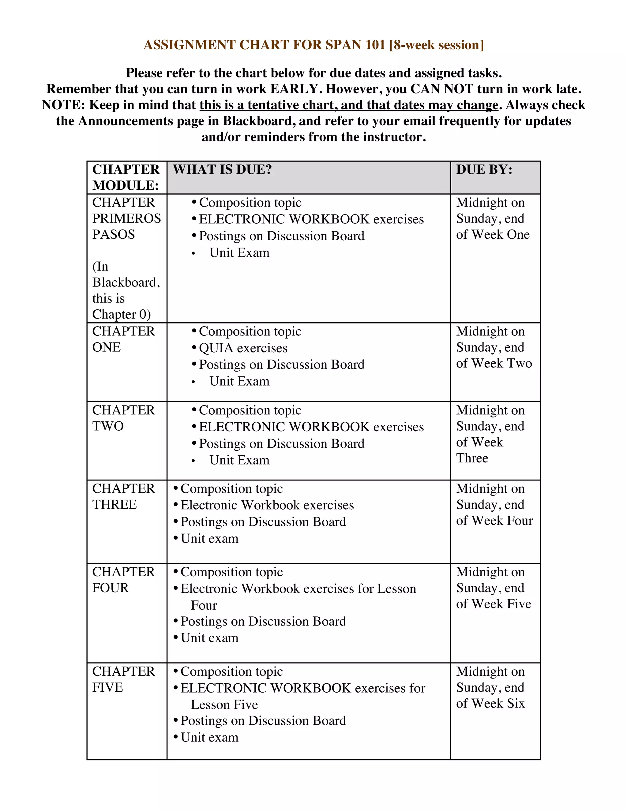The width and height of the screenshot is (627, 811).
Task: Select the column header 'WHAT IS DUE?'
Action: click(222, 170)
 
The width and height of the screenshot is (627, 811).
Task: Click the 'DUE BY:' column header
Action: click(484, 170)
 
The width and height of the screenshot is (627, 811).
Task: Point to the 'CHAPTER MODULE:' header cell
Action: click(126, 178)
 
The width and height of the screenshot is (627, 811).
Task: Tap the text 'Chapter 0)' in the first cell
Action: click(121, 315)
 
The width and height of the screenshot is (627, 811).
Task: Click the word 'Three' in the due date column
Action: click(472, 458)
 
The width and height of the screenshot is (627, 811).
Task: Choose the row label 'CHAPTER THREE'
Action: click(123, 497)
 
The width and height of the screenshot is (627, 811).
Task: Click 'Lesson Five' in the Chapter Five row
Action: click(224, 705)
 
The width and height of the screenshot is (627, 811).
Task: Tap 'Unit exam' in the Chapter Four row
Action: click(209, 638)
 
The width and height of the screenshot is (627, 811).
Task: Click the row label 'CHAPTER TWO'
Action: click(123, 418)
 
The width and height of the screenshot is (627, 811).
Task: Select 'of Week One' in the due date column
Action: click(493, 235)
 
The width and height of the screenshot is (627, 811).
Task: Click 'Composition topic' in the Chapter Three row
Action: click(231, 489)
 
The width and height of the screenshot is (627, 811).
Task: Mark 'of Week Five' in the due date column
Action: click(493, 604)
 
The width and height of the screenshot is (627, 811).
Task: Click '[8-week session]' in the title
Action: click(437, 45)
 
